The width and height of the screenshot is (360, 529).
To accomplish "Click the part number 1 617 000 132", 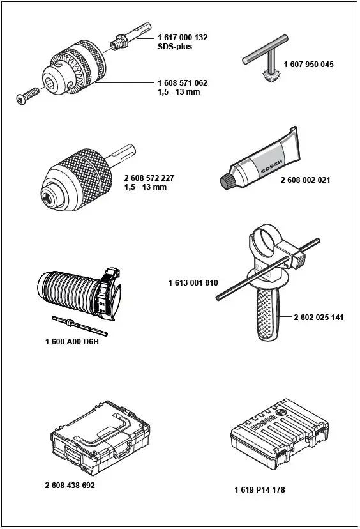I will [x=182, y=38].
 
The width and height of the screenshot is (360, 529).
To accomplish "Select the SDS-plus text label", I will [x=175, y=47].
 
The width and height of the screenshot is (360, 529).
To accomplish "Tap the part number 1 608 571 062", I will [x=182, y=83].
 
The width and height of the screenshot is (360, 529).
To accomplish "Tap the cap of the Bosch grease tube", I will [x=227, y=181].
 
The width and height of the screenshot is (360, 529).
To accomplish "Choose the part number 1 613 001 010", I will [x=193, y=282].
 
